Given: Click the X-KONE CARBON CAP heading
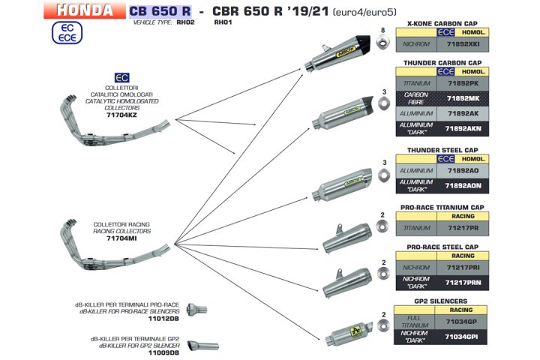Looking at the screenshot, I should click(441, 22).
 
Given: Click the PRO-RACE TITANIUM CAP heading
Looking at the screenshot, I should click(441, 206).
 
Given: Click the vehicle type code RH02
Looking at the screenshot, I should click(185, 23).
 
